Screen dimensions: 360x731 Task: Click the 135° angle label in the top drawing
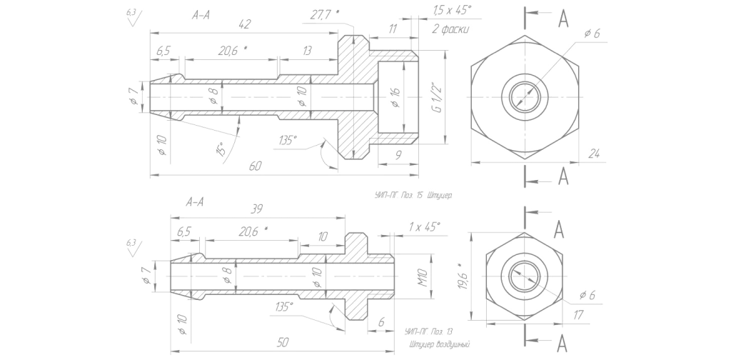(288, 139)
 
